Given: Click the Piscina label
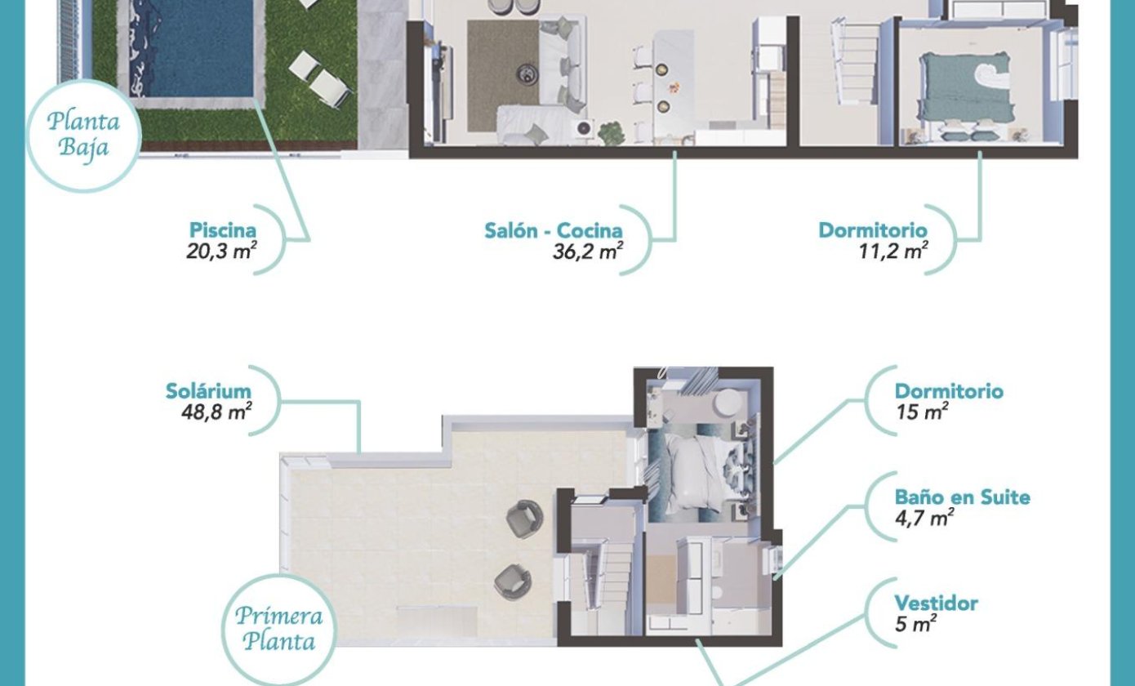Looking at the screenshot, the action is click(x=222, y=230).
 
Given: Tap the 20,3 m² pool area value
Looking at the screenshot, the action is click(x=221, y=251).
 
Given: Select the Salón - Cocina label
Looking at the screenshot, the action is click(x=554, y=230).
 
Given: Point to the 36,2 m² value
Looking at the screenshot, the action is click(x=588, y=251).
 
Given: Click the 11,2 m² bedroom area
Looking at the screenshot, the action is click(x=893, y=251).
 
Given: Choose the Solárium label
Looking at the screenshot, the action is click(x=208, y=391).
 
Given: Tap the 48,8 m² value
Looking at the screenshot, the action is click(x=216, y=412).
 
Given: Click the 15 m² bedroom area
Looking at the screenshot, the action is click(x=922, y=412).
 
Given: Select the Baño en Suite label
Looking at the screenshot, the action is click(x=963, y=497).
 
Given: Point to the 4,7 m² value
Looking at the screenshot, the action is click(x=924, y=518).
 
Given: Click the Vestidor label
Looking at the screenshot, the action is click(x=937, y=603).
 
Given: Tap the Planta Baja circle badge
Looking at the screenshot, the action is click(x=83, y=136).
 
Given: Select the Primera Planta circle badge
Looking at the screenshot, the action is click(x=279, y=630).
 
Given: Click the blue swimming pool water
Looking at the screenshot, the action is click(x=192, y=48).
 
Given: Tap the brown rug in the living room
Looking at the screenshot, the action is click(x=503, y=76).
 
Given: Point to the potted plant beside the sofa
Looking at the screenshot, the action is click(x=611, y=133).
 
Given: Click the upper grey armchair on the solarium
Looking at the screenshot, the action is click(x=525, y=519).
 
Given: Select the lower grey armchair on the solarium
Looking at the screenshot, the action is click(x=513, y=582).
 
